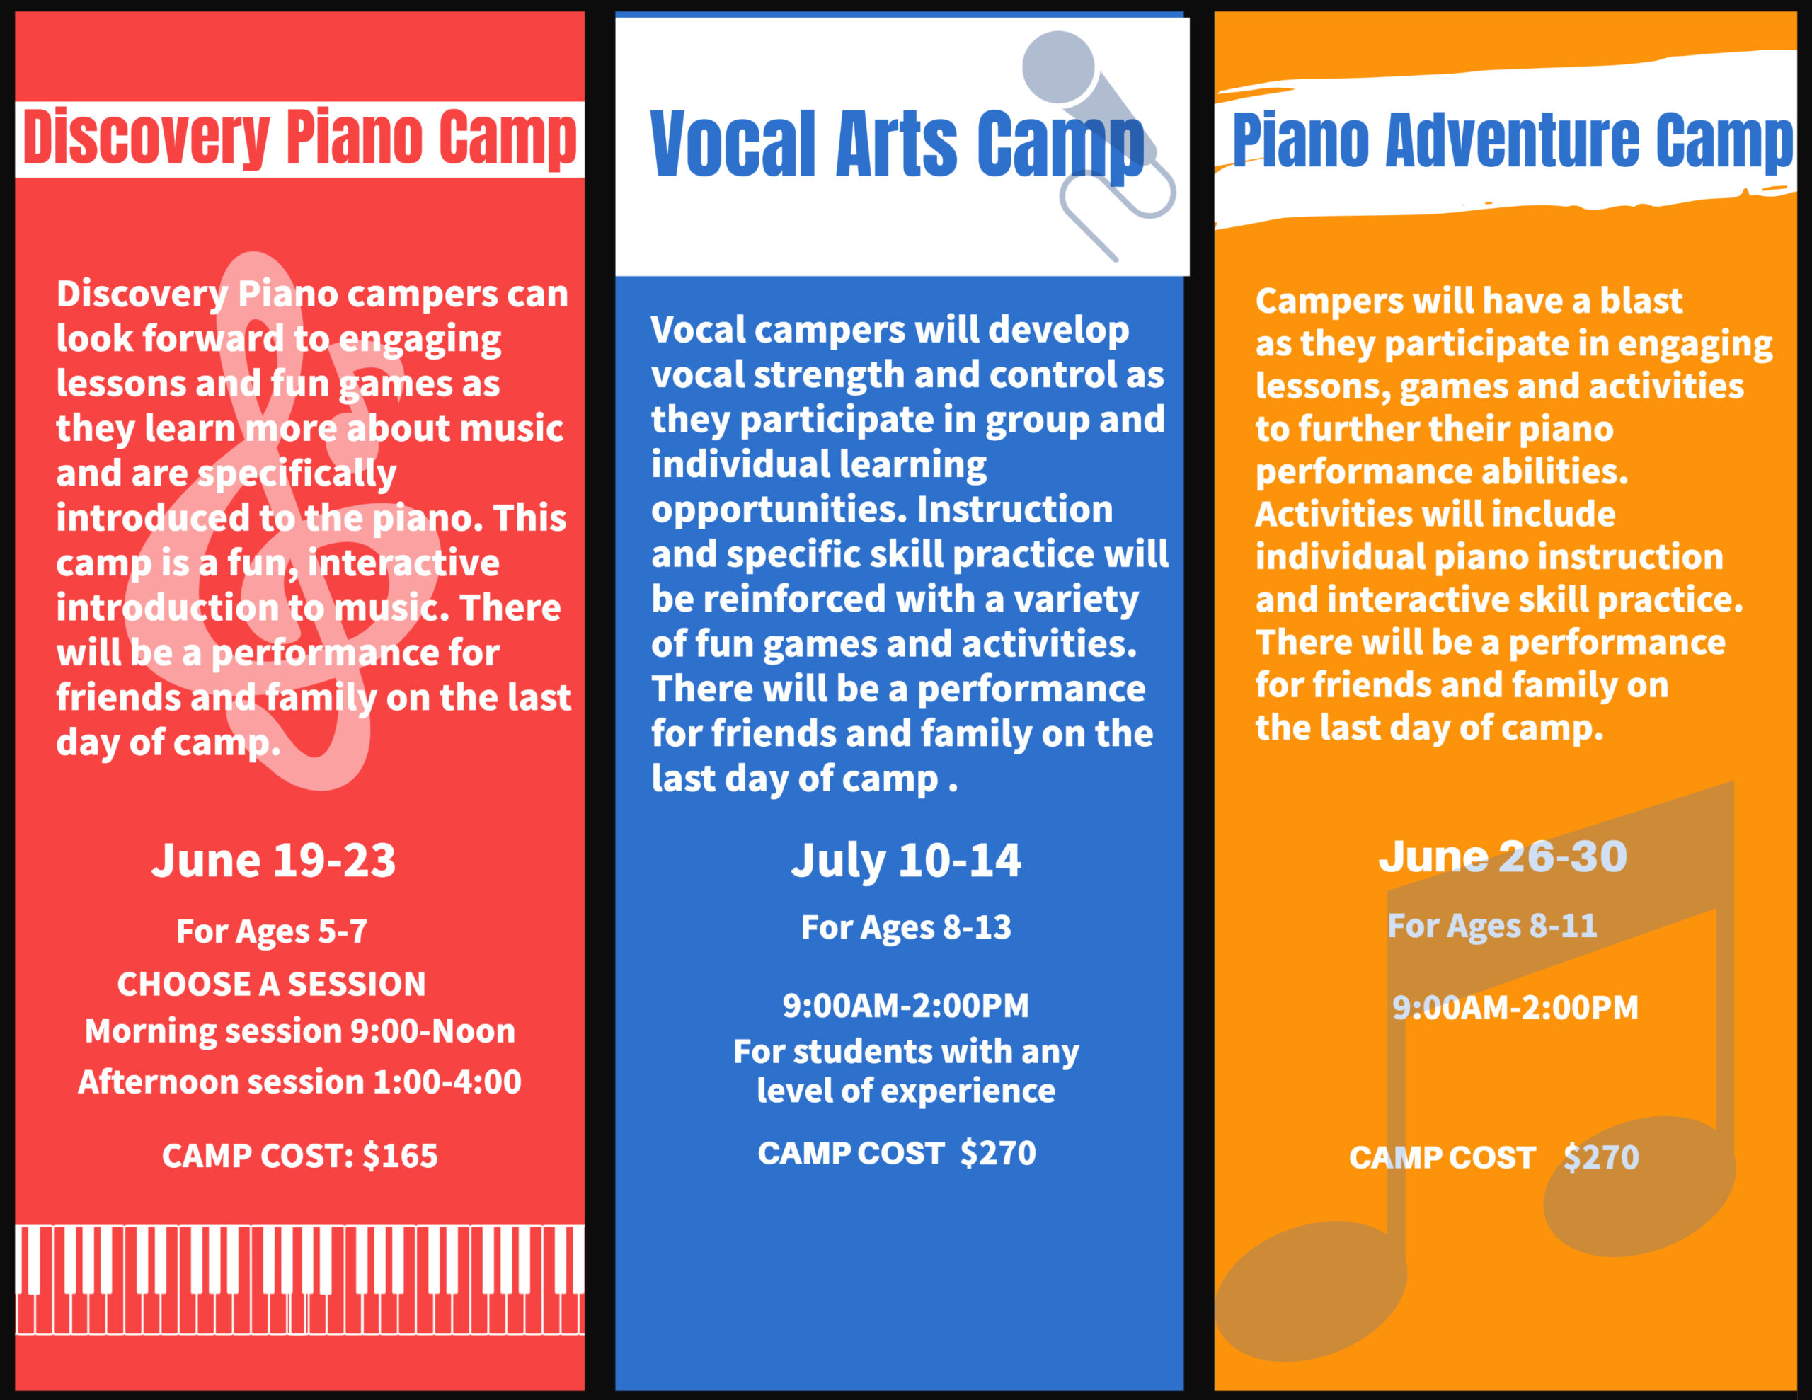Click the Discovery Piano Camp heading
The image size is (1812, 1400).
pos(299,139)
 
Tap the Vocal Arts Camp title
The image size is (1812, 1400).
pos(897,145)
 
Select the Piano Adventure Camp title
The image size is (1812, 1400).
pos(1513,140)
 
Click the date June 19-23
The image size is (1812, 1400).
pos(274,861)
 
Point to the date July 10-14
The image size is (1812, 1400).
pos(906,861)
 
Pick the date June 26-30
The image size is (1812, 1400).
pos(1503,857)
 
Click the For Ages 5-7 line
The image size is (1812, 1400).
pos(272,932)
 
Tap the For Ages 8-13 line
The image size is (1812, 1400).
pos(906,928)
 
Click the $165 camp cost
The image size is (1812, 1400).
pos(400,1156)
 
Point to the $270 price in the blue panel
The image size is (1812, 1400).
pos(998,1154)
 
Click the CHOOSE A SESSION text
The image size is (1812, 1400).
pos(271,985)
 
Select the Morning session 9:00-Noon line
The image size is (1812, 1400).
pos(300,1031)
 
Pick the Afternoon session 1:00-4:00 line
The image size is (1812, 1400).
pos(299,1082)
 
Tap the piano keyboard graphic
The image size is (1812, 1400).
pos(299,1280)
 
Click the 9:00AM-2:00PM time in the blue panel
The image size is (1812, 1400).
pos(906,1006)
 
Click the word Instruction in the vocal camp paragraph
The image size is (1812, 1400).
pos(1015,510)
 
